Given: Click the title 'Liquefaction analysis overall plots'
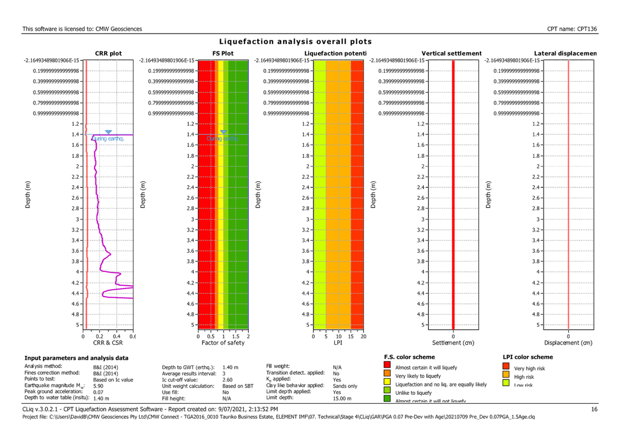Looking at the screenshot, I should pyautogui.click(x=295, y=42).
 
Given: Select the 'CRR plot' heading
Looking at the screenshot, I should pyautogui.click(x=108, y=54).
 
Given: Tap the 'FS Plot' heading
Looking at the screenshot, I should pyautogui.click(x=223, y=54).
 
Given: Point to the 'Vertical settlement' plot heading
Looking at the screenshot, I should pyautogui.click(x=451, y=54).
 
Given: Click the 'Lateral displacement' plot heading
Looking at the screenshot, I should pyautogui.click(x=565, y=54).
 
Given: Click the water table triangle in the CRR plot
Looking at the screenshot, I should pyautogui.click(x=108, y=132).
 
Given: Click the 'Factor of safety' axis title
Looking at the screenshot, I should pyautogui.click(x=223, y=343).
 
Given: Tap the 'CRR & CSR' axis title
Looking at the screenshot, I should pyautogui.click(x=107, y=343).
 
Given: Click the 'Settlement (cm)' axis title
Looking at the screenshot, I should pyautogui.click(x=453, y=343).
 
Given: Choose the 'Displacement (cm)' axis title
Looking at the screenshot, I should pyautogui.click(x=568, y=343).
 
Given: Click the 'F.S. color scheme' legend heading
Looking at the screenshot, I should pyautogui.click(x=409, y=357).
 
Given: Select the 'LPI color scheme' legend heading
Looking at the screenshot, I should pyautogui.click(x=528, y=357).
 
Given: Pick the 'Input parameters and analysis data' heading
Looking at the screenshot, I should pyautogui.click(x=76, y=357).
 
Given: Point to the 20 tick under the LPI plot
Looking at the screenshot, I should pyautogui.click(x=363, y=336).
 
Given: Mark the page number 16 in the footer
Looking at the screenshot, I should pyautogui.click(x=594, y=409).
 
